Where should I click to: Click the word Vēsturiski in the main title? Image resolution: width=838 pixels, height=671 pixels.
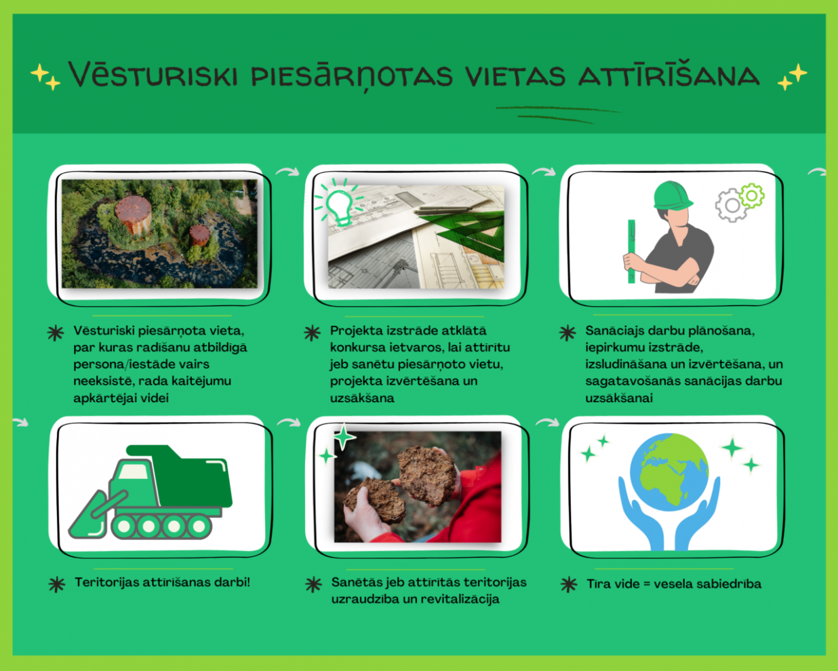(x=153, y=74)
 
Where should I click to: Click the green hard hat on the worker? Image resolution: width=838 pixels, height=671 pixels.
(x=673, y=195)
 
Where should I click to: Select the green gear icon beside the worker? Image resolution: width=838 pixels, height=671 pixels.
(x=752, y=195)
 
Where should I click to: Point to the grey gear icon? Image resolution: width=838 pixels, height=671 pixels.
(x=731, y=206)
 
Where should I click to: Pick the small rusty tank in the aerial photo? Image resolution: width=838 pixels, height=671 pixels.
(x=199, y=235)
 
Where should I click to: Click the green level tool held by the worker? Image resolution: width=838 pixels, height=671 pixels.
(x=631, y=251)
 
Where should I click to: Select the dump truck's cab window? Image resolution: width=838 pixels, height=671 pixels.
(x=133, y=472)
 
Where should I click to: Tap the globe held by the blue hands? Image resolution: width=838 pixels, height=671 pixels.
(x=669, y=472)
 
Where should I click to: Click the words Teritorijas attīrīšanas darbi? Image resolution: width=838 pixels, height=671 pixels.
(x=163, y=583)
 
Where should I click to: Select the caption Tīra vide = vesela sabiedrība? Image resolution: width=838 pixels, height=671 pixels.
(x=674, y=584)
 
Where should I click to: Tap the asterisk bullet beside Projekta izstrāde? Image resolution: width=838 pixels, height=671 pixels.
(x=313, y=333)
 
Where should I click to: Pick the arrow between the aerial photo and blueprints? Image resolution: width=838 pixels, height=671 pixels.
(x=287, y=172)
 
